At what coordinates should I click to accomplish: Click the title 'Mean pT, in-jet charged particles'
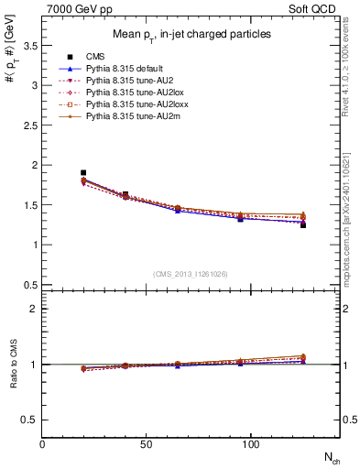[x=191, y=35]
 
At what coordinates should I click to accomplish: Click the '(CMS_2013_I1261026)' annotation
[x=191, y=275]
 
